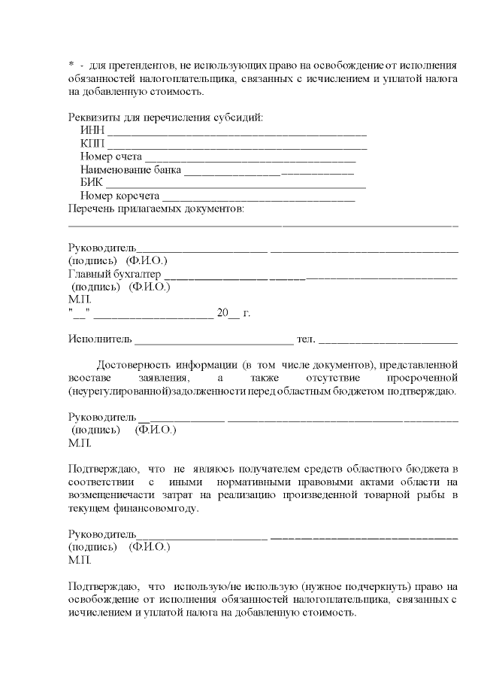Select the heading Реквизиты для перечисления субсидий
point(165,117)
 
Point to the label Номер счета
point(110,157)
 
